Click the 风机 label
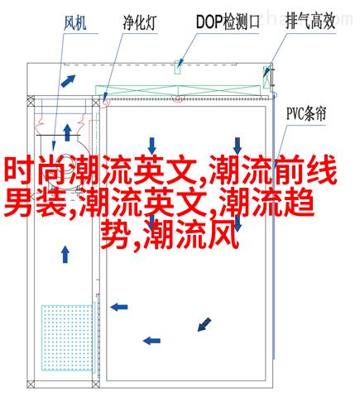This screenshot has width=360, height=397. pos(75,23)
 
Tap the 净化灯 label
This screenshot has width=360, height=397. pos(140,22)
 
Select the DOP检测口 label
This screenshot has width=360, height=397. pos(228,22)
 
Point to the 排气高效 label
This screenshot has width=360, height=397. pos(310,22)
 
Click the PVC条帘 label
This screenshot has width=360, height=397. pos(306,114)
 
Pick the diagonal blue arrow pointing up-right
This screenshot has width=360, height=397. pos(68,81)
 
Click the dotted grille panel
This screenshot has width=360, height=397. pos(67,337)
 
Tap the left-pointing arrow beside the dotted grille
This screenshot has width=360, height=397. pos(119,307)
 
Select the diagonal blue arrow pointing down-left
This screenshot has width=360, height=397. pos(204,324)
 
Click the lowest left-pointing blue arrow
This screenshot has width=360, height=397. pos(151,341)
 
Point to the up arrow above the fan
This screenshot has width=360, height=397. pos(67,132)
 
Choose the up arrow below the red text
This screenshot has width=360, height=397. pos(65,254)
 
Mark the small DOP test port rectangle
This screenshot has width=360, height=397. pos(177,67)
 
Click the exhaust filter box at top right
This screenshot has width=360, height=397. pos(267,77)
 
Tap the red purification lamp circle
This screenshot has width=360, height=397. pos(106,103)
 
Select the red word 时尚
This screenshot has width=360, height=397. pos(36,170)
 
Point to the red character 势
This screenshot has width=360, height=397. pos(116,235)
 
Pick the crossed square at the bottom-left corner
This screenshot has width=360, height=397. pos(31,385)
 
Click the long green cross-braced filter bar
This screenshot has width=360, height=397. pos(178,91)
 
